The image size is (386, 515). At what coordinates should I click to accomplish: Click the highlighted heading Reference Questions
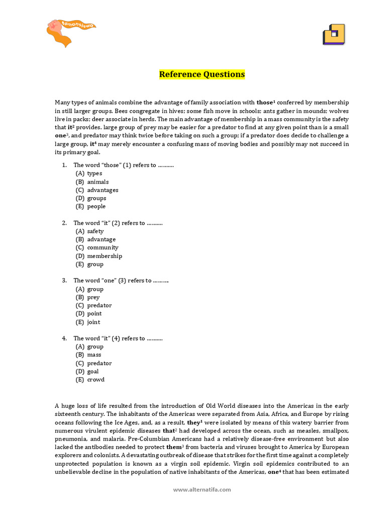(202, 74)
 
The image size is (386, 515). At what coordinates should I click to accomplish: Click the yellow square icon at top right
(333, 35)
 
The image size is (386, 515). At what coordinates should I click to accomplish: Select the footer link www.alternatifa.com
(202, 489)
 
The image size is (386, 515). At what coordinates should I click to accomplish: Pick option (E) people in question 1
(91, 206)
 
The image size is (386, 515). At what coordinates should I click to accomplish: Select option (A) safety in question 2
(90, 231)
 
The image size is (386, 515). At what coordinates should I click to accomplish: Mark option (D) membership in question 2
(99, 256)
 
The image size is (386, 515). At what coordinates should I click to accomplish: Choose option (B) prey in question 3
(88, 297)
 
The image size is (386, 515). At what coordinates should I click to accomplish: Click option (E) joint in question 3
(88, 322)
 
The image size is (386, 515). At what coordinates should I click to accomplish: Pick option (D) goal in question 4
(87, 371)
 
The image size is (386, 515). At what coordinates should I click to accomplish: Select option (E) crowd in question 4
(90, 380)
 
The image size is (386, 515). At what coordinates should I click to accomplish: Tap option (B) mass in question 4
(89, 355)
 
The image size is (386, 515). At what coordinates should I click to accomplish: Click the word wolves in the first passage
(339, 111)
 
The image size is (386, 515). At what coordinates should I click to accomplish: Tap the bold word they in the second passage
(194, 422)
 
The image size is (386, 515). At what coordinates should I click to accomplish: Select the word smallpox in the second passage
(335, 431)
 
